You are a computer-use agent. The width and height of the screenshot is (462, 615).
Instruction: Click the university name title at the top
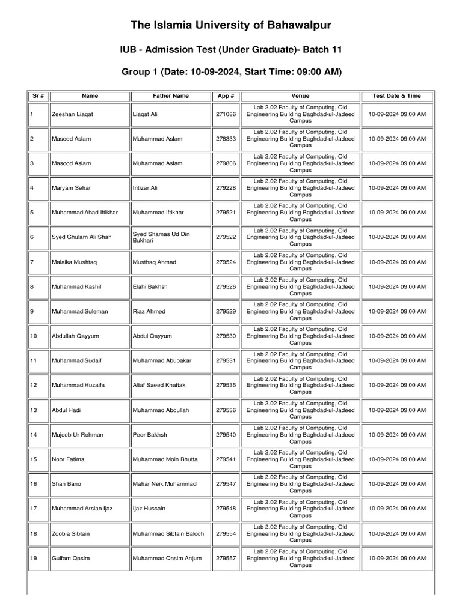(x=231, y=25)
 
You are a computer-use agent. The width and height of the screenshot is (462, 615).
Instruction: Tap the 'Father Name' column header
(x=171, y=95)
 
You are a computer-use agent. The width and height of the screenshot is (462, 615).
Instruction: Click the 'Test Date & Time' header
(x=396, y=95)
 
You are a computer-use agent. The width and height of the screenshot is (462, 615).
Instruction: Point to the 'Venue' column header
(x=300, y=95)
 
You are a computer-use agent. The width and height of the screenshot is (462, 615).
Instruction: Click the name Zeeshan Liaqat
(x=72, y=114)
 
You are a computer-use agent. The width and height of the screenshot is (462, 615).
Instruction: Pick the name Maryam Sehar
(x=72, y=188)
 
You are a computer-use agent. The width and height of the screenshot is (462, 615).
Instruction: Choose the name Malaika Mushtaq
(x=75, y=262)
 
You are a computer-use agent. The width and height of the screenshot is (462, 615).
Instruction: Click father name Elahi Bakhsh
(x=150, y=287)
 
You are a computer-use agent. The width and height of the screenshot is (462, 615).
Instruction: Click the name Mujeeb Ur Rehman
(x=77, y=435)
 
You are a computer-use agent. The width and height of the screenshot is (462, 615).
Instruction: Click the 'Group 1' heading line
(x=231, y=72)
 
